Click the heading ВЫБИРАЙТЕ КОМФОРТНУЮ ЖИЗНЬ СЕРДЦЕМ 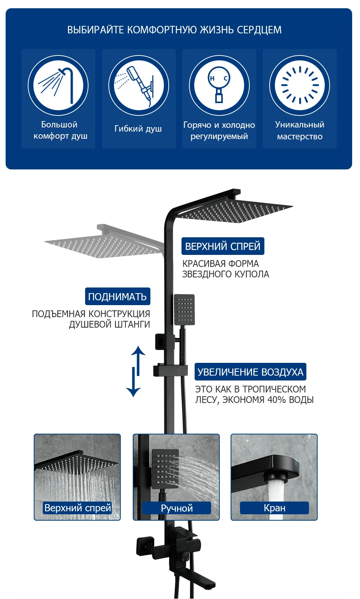[x=174, y=30]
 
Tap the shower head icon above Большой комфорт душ [x=58, y=85]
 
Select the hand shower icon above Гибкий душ [x=139, y=85]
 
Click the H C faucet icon [x=219, y=85]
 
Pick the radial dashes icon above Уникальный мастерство [x=300, y=85]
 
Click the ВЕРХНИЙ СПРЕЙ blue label [x=223, y=246]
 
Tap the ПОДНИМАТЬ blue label [x=117, y=297]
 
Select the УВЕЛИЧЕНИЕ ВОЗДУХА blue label [x=250, y=372]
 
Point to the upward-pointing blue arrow [x=138, y=360]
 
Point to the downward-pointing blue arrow [x=133, y=382]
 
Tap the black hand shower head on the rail [x=184, y=310]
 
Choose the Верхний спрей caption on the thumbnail [x=78, y=508]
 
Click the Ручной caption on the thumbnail [x=177, y=508]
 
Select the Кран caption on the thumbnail [x=274, y=508]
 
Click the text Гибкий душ [x=138, y=129]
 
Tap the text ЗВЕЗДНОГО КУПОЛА [x=225, y=274]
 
